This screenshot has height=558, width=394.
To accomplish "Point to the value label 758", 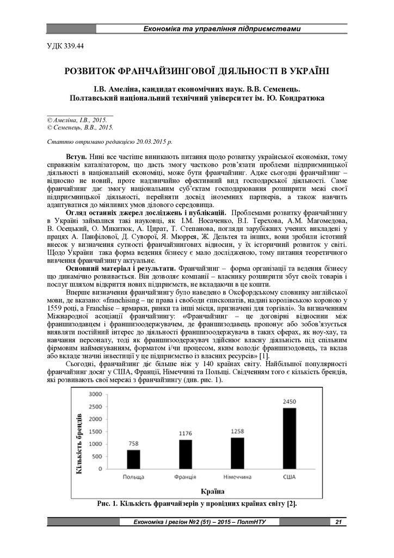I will (133, 444).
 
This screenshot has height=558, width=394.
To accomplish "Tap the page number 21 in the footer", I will (338, 522).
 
